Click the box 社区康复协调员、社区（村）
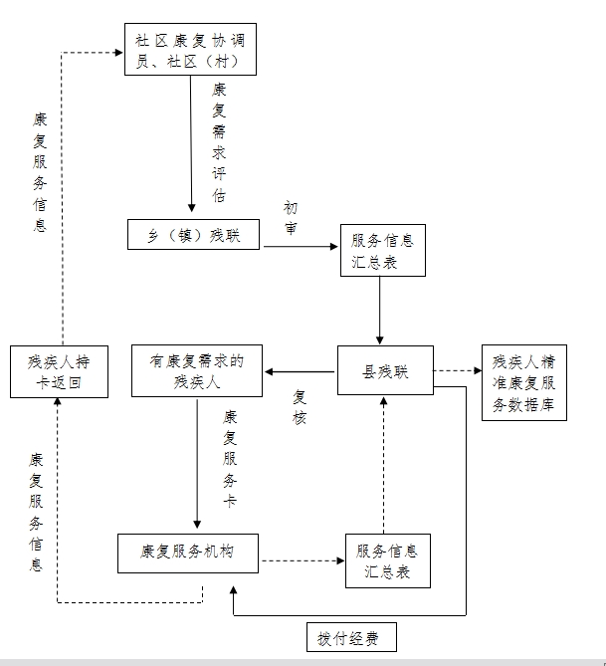(x=192, y=49)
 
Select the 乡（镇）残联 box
(x=193, y=233)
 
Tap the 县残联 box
(x=385, y=371)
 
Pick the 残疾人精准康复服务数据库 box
(x=523, y=382)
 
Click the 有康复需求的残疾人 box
(x=197, y=370)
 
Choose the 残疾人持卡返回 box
(x=59, y=371)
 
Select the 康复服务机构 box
(x=188, y=552)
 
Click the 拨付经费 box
(x=349, y=637)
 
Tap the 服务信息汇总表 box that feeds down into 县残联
(x=383, y=251)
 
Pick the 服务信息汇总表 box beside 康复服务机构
(x=387, y=560)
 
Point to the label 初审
(x=290, y=217)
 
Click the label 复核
(x=300, y=406)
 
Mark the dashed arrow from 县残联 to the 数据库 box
(x=457, y=371)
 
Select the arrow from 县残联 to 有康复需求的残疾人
(x=300, y=371)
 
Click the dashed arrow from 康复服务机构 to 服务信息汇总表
(x=303, y=560)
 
